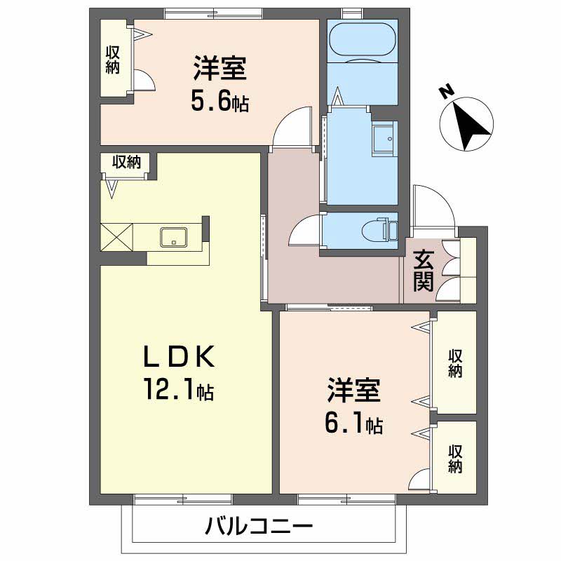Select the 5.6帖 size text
click(219, 102)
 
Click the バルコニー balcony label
click(259, 526)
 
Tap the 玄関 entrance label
click(423, 271)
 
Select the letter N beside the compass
click(443, 91)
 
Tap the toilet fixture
click(382, 229)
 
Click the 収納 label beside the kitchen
click(127, 162)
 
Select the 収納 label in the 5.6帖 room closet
click(112, 60)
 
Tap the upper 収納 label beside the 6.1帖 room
click(455, 363)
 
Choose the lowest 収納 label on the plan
click(455, 458)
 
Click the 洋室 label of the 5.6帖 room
click(219, 72)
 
